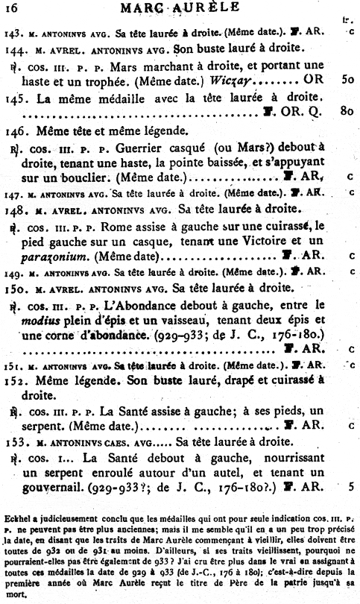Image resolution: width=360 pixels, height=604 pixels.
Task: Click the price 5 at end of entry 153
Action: pos(350,488)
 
